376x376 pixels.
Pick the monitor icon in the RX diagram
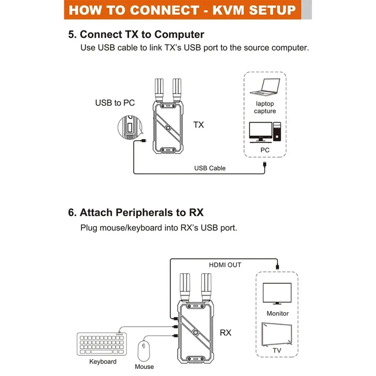277,295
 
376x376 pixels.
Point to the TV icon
277,333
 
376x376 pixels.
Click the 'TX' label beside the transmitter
199,125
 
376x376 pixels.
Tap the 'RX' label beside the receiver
226,333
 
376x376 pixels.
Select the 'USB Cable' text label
210,168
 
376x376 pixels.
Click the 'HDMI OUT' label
225,265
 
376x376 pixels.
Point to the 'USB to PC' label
115,102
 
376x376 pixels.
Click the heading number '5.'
72,34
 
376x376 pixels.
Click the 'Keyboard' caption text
103,361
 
